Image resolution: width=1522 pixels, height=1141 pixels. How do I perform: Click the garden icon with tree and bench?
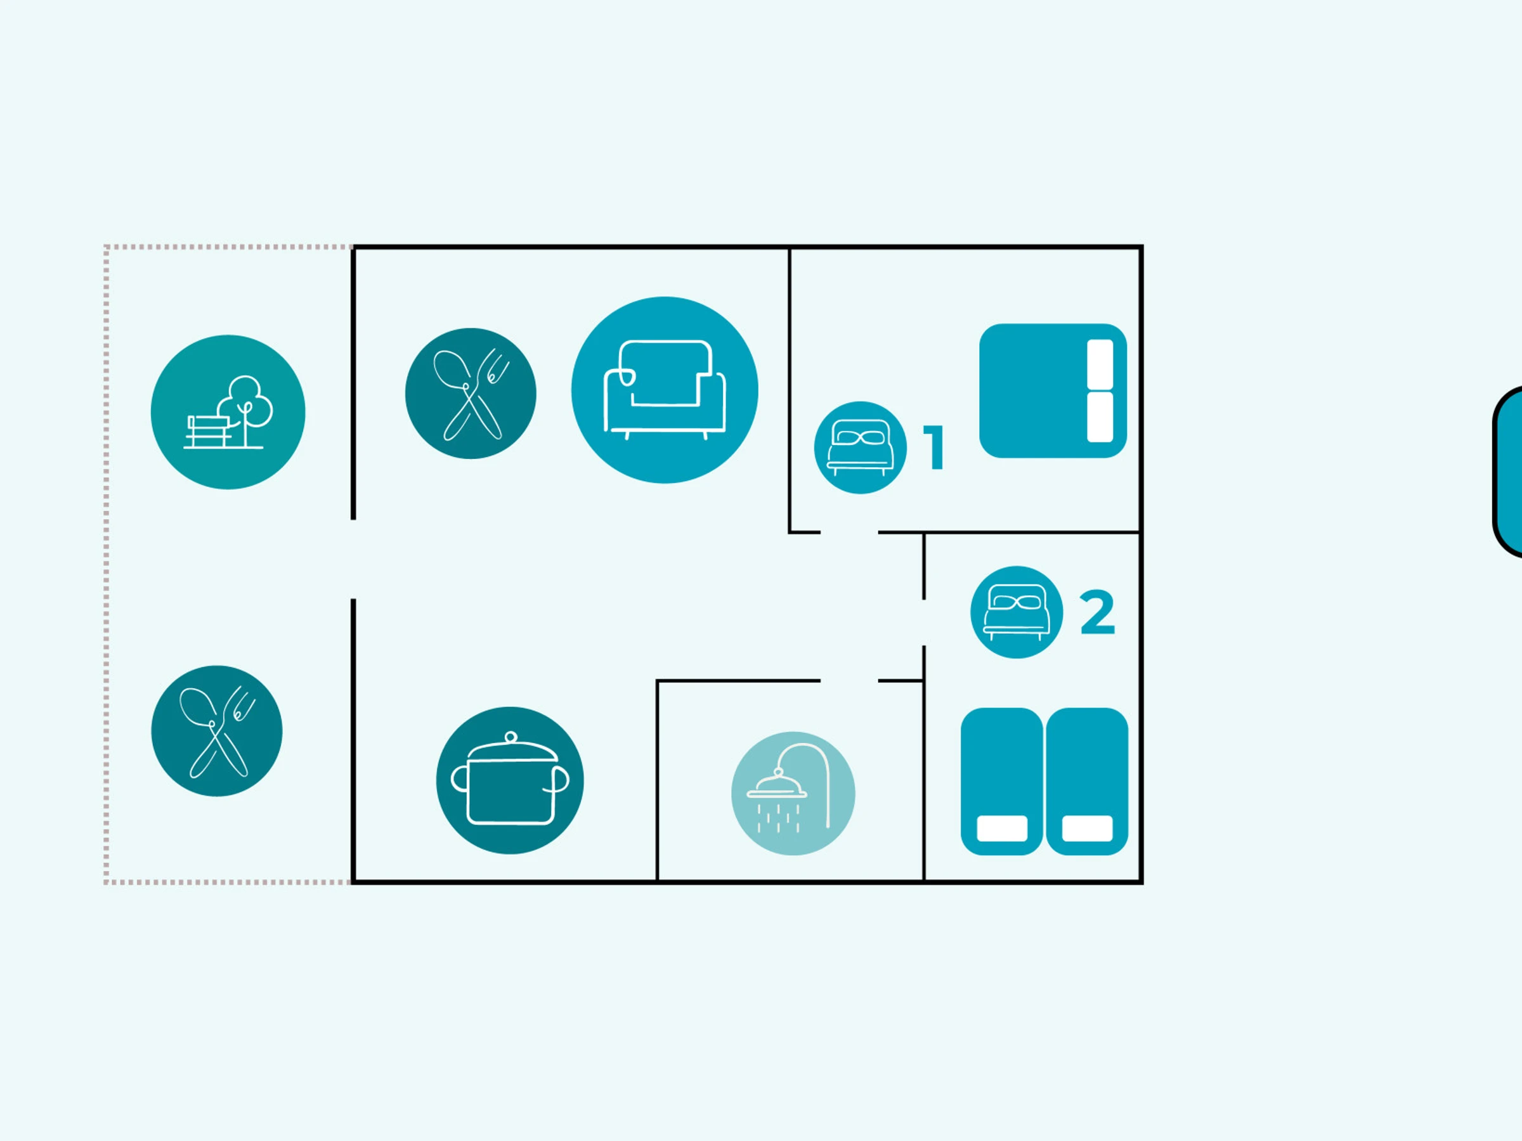pyautogui.click(x=228, y=412)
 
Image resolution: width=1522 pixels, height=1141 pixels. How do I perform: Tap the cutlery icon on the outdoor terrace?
pyautogui.click(x=217, y=731)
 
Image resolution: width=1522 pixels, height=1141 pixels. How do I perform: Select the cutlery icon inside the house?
pyautogui.click(x=471, y=394)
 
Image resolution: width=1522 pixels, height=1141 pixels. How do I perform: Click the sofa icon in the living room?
pyautogui.click(x=665, y=390)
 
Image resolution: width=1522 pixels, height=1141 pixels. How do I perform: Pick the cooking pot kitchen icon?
pyautogui.click(x=510, y=780)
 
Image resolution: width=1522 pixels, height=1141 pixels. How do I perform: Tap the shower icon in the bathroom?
pyautogui.click(x=793, y=794)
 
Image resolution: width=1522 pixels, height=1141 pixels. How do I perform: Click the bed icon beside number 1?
pyautogui.click(x=860, y=448)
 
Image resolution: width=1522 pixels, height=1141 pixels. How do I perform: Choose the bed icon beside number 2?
pyautogui.click(x=1017, y=612)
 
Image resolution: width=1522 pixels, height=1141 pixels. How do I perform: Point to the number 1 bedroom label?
pyautogui.click(x=933, y=448)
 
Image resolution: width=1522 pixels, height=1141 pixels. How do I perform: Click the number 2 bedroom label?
pyautogui.click(x=1098, y=612)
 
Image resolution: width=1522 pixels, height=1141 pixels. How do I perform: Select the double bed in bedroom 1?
pyautogui.click(x=1053, y=390)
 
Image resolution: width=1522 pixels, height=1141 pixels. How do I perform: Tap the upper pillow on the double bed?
pyautogui.click(x=1100, y=364)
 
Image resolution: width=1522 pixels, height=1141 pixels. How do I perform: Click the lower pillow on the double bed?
pyautogui.click(x=1100, y=417)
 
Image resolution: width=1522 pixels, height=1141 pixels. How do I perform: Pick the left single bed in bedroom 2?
pyautogui.click(x=1002, y=782)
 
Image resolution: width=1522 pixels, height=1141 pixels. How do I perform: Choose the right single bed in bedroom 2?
pyautogui.click(x=1087, y=782)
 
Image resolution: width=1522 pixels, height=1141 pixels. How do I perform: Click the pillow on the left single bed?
pyautogui.click(x=1002, y=828)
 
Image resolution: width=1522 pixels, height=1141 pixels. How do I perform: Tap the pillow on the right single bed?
pyautogui.click(x=1087, y=828)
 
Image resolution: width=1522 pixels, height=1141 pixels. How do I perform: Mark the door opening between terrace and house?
pyautogui.click(x=353, y=559)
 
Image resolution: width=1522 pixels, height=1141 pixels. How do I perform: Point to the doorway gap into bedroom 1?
pyautogui.click(x=849, y=532)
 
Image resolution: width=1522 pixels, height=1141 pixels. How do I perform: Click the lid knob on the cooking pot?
pyautogui.click(x=511, y=737)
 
